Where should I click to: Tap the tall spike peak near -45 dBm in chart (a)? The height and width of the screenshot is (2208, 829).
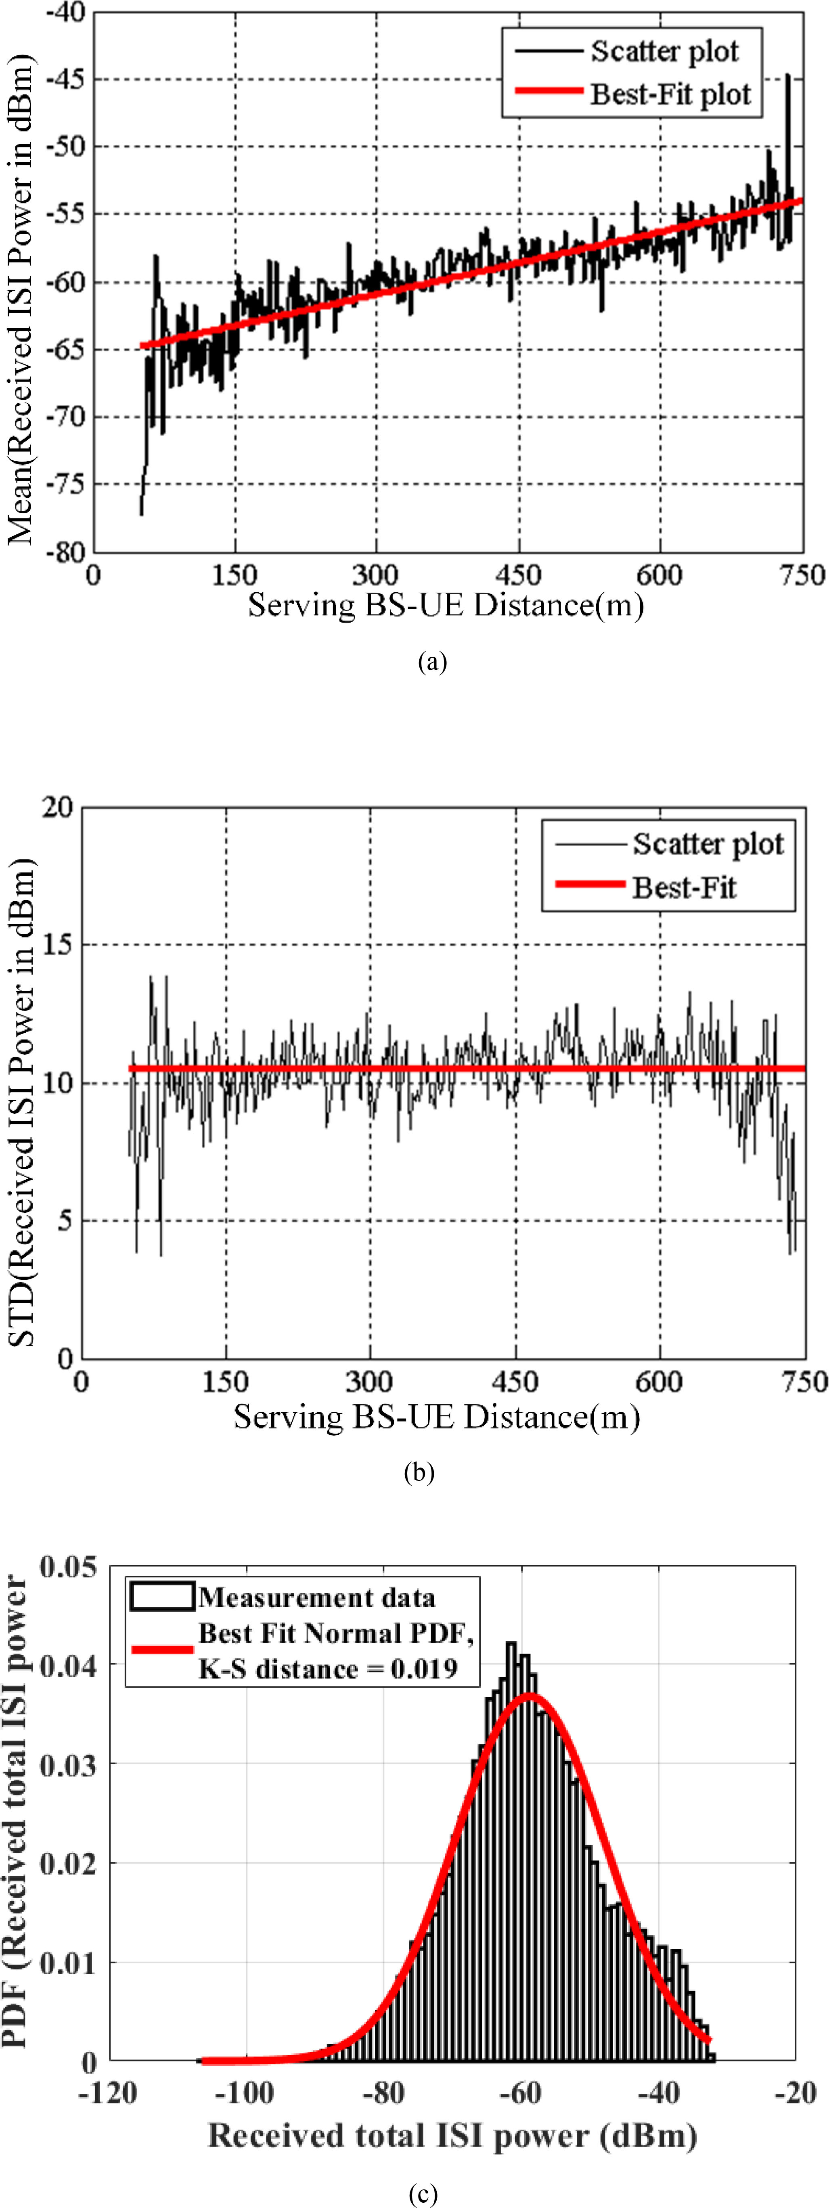(788, 75)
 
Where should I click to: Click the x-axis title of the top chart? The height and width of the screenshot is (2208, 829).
(446, 605)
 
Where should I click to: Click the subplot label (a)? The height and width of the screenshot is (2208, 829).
(432, 662)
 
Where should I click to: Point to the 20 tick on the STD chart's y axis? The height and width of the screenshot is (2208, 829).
(57, 807)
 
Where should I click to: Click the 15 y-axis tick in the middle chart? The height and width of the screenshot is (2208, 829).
(57, 945)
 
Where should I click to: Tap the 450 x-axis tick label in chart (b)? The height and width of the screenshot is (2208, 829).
(515, 1382)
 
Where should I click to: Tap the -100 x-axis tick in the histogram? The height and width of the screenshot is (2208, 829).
(244, 2092)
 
